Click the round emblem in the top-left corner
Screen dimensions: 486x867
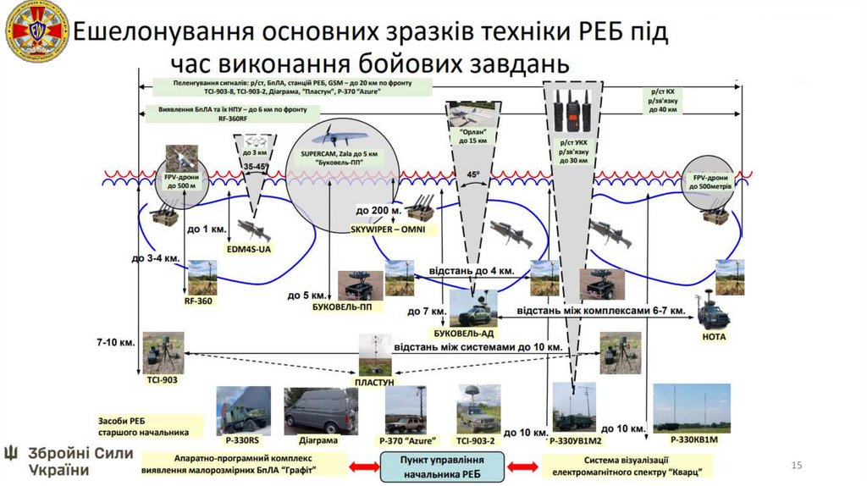[x=36, y=32]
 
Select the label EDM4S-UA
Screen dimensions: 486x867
[x=250, y=249]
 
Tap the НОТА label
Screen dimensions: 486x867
[x=714, y=336]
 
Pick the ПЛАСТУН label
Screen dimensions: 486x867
[x=374, y=383]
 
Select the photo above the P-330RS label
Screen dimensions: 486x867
[x=244, y=411]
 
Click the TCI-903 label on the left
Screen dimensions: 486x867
[x=161, y=380]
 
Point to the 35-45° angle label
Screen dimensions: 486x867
[x=256, y=168]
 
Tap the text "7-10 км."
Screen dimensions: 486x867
[x=116, y=343]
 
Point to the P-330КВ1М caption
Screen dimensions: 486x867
[x=693, y=440]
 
